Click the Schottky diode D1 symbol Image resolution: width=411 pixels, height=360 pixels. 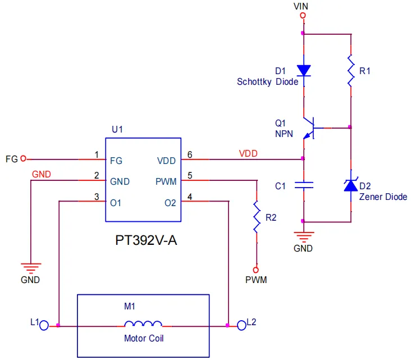point(304,71)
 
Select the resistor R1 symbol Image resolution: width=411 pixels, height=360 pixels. point(350,71)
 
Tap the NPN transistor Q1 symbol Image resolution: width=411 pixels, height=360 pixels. point(309,128)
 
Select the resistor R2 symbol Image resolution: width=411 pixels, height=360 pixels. point(257,216)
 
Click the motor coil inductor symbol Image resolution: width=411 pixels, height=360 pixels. point(143,324)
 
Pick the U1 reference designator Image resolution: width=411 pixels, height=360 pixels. point(117,129)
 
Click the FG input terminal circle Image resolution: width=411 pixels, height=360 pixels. point(23,160)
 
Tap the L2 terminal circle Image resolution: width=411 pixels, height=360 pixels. point(242,324)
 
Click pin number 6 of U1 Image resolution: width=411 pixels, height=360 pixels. point(190,154)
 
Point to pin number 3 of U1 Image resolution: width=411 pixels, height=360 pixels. point(97,197)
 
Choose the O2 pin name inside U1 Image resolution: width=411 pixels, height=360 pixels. point(170,202)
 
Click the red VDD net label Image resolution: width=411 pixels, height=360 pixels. point(248,153)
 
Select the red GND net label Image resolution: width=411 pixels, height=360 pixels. point(42,174)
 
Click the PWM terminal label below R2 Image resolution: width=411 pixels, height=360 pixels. point(256,279)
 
